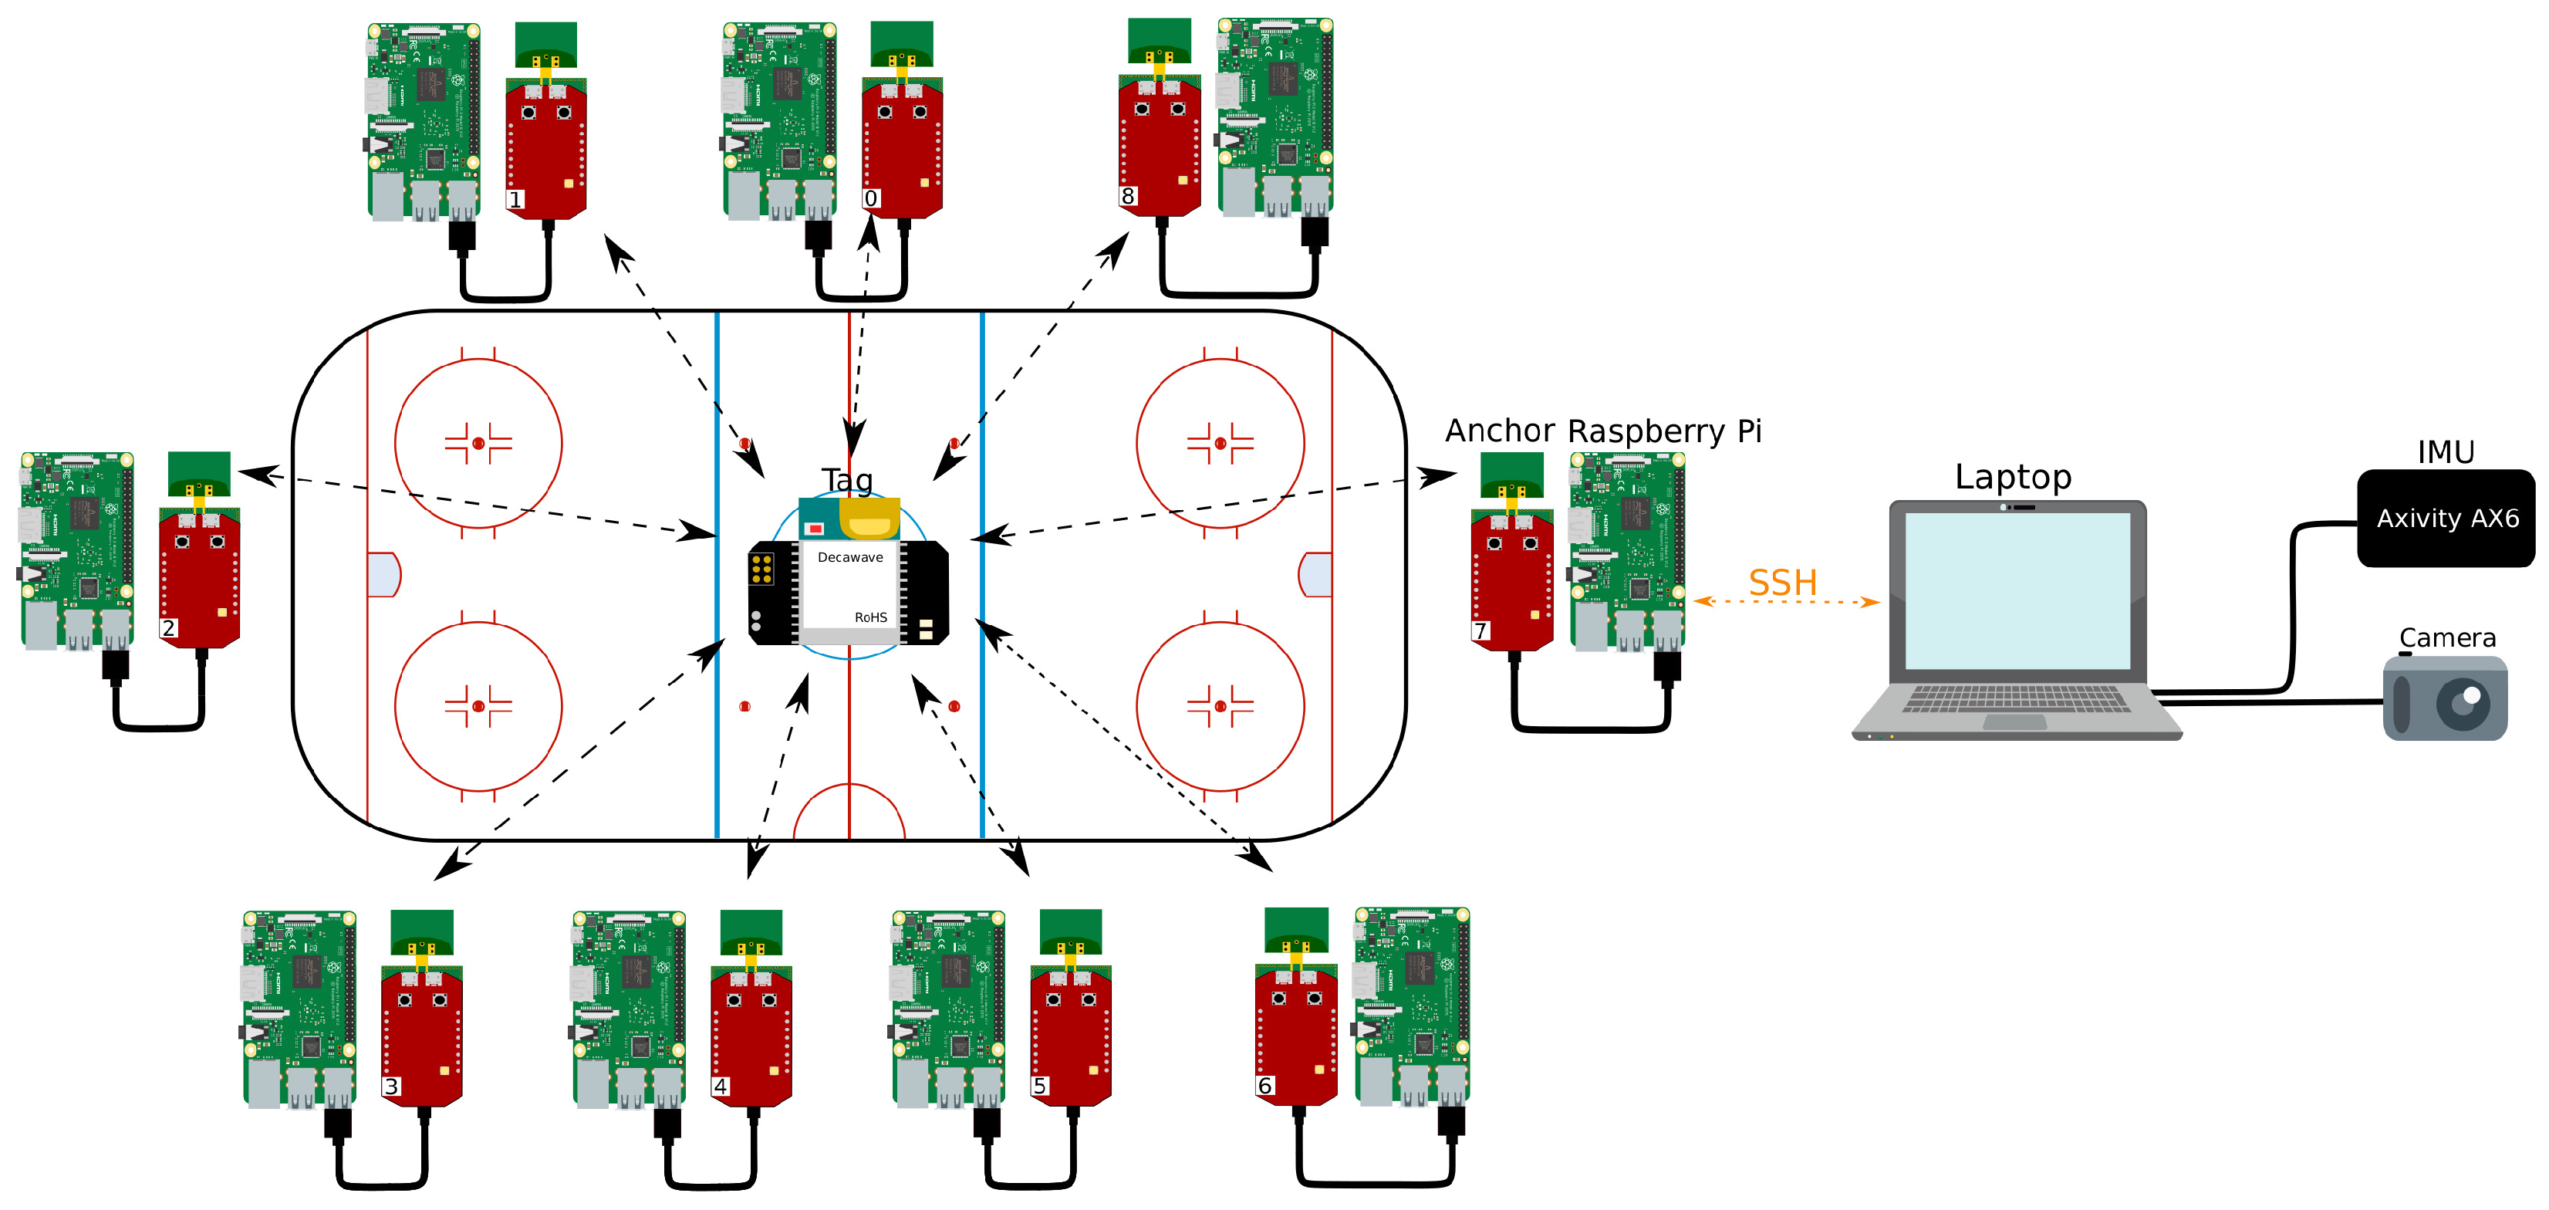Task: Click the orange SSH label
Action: click(x=1782, y=583)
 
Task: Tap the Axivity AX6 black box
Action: click(x=2446, y=519)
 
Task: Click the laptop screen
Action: click(x=2017, y=590)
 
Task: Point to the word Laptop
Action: click(x=2013, y=477)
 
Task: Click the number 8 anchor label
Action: click(x=1127, y=196)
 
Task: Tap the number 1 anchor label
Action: click(x=515, y=200)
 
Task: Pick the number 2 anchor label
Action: click(x=168, y=628)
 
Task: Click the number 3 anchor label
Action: click(x=391, y=1087)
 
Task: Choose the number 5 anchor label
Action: click(x=1039, y=1087)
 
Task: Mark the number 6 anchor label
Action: click(x=1264, y=1087)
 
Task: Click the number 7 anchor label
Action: click(x=1480, y=630)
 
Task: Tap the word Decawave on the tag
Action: click(x=850, y=557)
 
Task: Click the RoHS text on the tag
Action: click(x=871, y=617)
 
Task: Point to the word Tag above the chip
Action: click(x=847, y=480)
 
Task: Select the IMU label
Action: click(x=2445, y=452)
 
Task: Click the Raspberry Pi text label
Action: click(x=1664, y=431)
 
